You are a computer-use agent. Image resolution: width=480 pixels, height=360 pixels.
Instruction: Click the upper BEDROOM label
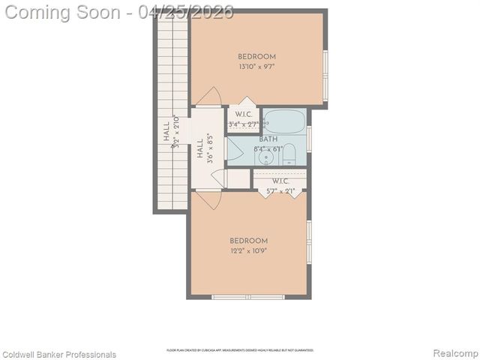(256, 57)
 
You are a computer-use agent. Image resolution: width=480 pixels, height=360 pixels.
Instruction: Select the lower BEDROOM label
(248, 241)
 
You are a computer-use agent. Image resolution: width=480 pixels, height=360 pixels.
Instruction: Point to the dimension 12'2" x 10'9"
(248, 251)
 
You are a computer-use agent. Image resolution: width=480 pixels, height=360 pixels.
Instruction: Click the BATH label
(268, 139)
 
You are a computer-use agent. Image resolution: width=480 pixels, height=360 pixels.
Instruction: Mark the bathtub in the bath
(284, 120)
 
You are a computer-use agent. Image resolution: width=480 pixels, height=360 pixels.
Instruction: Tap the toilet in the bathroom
(290, 155)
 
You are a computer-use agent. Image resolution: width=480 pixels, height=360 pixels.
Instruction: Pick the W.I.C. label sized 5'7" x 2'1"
(280, 181)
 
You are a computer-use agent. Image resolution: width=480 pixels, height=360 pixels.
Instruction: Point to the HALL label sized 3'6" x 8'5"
(200, 149)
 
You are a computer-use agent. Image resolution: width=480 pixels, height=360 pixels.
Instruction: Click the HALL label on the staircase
(166, 133)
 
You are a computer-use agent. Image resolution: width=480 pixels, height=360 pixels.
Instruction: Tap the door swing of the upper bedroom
(209, 97)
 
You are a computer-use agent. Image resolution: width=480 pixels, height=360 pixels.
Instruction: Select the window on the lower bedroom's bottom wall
(248, 297)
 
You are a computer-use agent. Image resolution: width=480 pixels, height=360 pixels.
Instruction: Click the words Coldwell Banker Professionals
(59, 354)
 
